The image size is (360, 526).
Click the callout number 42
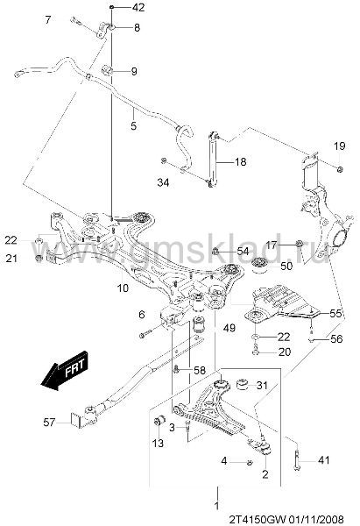[x=138, y=7]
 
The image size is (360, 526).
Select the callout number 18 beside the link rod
[x=240, y=162]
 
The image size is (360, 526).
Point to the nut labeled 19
[x=339, y=168]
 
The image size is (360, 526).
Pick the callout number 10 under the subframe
[x=123, y=288]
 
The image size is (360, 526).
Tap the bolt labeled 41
[x=297, y=459]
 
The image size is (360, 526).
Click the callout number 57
[x=49, y=422]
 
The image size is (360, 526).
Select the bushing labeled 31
[x=242, y=385]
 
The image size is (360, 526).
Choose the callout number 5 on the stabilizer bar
[x=134, y=126]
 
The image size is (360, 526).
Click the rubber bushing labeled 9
[x=107, y=70]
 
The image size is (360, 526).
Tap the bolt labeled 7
[x=76, y=21]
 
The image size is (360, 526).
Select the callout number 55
[x=335, y=313]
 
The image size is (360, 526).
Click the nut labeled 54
[x=216, y=251]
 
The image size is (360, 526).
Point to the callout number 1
[x=217, y=505]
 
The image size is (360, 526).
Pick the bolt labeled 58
[x=176, y=370]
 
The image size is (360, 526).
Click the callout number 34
[x=163, y=182]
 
